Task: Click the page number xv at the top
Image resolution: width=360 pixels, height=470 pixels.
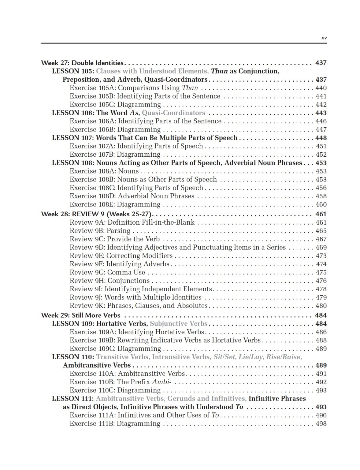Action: (324, 38)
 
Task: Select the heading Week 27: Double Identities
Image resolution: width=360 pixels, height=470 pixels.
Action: (82, 63)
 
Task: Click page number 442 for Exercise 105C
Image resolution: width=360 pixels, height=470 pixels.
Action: (321, 104)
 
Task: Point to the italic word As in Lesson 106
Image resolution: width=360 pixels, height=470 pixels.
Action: (134, 113)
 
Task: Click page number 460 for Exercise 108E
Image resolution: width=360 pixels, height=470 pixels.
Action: (321, 204)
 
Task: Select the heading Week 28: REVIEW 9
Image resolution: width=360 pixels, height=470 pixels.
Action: (97, 214)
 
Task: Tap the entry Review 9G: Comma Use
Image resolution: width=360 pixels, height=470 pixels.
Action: (107, 272)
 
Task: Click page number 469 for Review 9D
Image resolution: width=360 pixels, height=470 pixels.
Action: (321, 247)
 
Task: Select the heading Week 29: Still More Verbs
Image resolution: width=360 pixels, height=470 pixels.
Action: (81, 315)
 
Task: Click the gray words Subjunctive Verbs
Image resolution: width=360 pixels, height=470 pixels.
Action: (179, 323)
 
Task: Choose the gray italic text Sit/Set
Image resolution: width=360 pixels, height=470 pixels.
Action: (224, 357)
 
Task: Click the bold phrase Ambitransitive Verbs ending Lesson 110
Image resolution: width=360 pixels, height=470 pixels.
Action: (97, 365)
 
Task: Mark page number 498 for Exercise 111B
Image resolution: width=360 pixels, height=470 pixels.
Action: (321, 423)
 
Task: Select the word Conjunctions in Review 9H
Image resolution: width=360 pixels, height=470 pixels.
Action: (128, 281)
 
